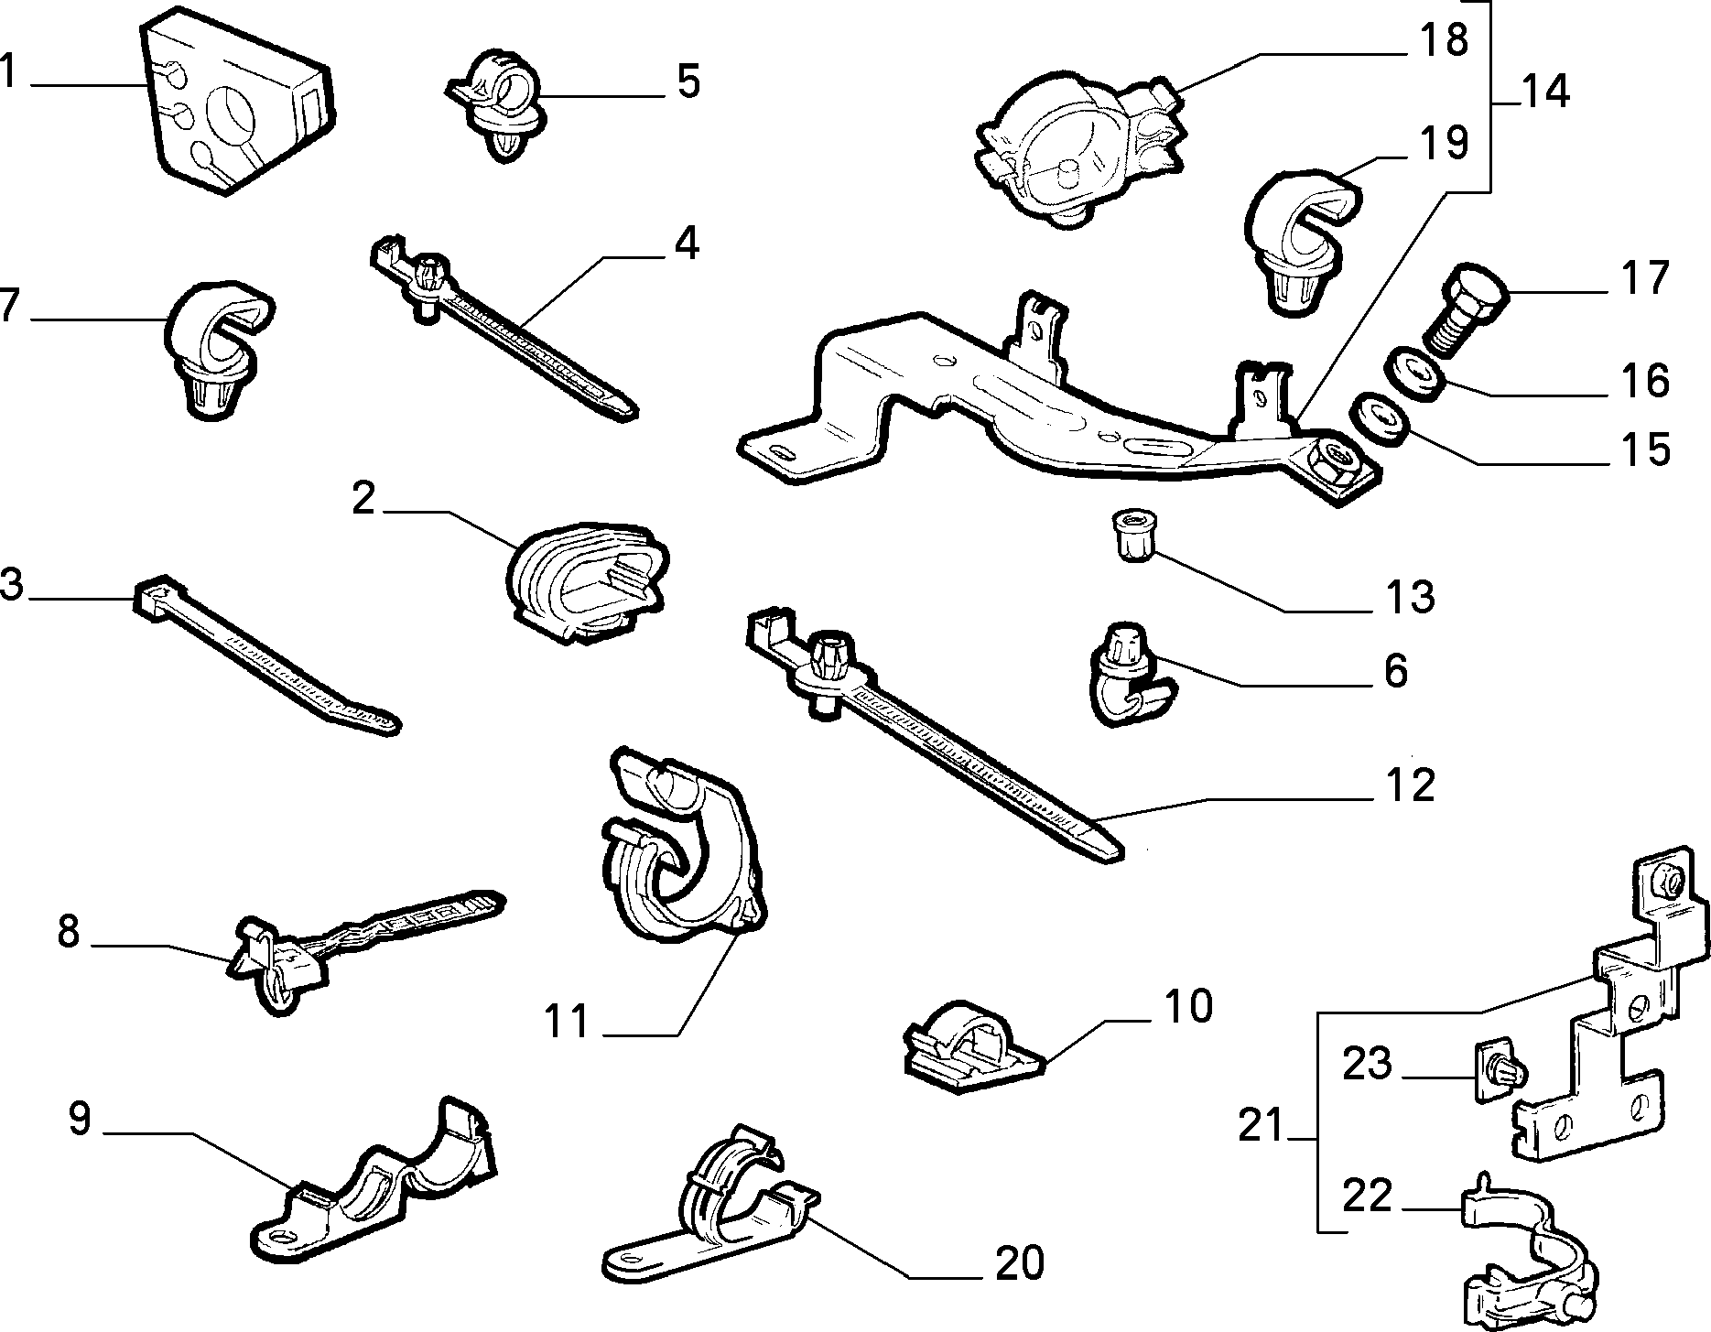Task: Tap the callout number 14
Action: click(x=1544, y=92)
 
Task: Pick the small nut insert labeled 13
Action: click(x=1134, y=536)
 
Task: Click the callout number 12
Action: click(x=1409, y=786)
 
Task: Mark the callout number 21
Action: click(x=1264, y=1125)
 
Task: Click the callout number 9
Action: click(x=80, y=1120)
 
